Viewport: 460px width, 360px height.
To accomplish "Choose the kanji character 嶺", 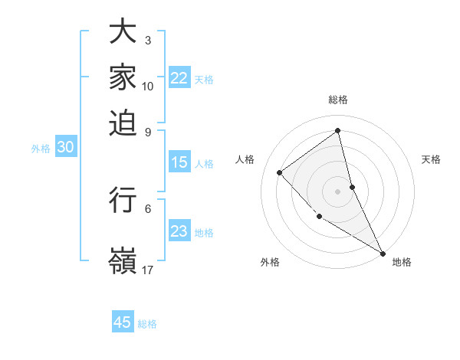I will [x=123, y=260].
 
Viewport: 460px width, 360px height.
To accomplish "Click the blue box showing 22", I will [x=179, y=78].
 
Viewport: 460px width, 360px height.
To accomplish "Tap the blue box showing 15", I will [x=179, y=162].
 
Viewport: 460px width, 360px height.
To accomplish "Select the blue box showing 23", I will [x=179, y=231].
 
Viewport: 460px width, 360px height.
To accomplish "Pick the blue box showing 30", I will [x=65, y=148].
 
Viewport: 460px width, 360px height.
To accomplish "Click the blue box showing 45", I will [x=123, y=322].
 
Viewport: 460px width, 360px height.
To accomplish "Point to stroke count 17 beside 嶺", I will [x=148, y=270].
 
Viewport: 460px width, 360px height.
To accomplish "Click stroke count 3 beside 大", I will [x=148, y=40].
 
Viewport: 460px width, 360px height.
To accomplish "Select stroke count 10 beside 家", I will [x=148, y=86].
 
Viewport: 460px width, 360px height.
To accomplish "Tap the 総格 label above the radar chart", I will [x=338, y=100].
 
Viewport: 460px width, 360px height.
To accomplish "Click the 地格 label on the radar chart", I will [x=402, y=263].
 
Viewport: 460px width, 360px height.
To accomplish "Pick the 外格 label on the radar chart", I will [x=270, y=263].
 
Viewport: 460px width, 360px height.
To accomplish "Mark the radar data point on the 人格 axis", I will [x=280, y=172].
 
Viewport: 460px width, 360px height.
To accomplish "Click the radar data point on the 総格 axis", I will [x=338, y=131].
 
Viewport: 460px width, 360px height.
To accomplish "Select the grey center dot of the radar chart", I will [x=338, y=191].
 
